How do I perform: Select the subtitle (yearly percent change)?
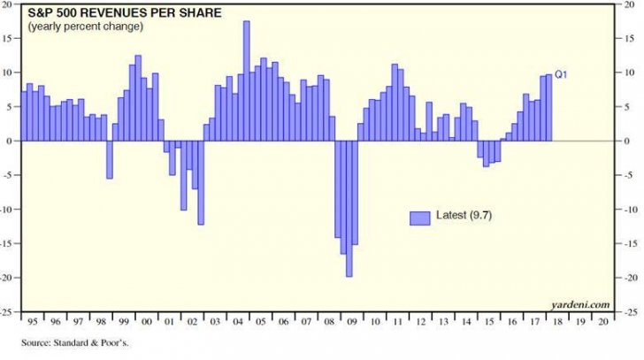85,27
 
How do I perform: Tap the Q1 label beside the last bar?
561,74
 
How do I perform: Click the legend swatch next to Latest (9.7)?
418,217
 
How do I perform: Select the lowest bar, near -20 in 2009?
349,209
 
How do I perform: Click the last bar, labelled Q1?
548,107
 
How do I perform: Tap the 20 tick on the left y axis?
11,4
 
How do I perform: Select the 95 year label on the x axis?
31,322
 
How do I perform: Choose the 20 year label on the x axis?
602,322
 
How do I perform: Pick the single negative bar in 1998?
110,159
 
